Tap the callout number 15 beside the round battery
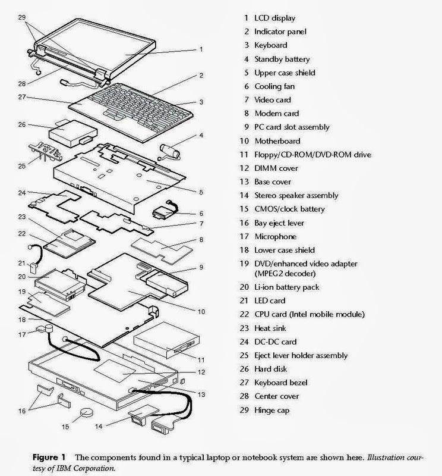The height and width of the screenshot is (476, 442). [x=66, y=426]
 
